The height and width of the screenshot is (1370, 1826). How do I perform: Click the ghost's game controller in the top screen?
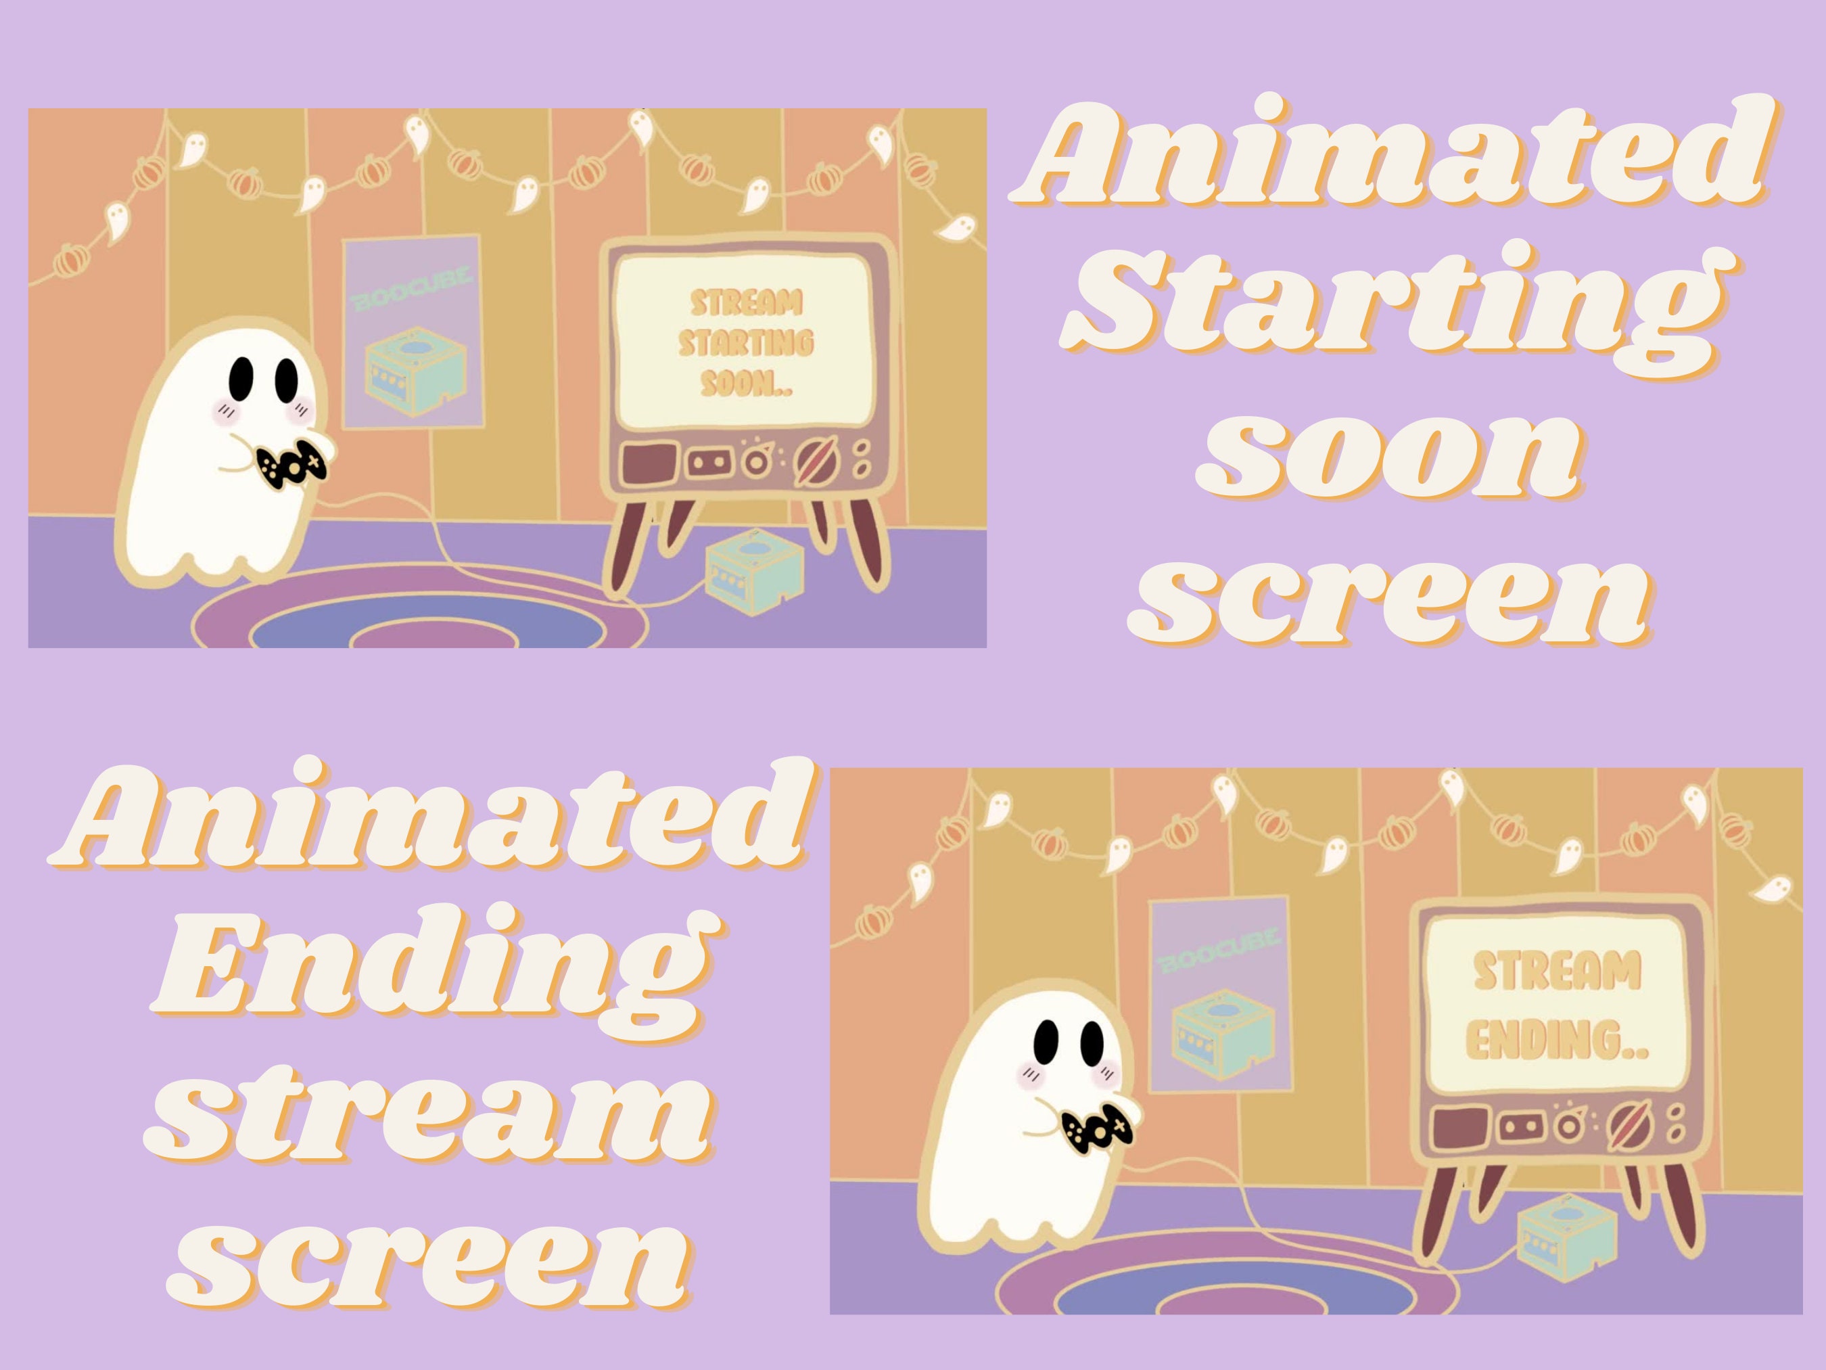pyautogui.click(x=291, y=465)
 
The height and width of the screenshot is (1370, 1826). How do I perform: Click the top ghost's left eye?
pyautogui.click(x=241, y=378)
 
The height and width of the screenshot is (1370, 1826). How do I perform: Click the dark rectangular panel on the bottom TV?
pyautogui.click(x=1459, y=1126)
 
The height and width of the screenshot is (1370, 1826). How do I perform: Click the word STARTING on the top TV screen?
pyautogui.click(x=746, y=343)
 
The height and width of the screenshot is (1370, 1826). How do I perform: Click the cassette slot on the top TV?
pyautogui.click(x=708, y=461)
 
